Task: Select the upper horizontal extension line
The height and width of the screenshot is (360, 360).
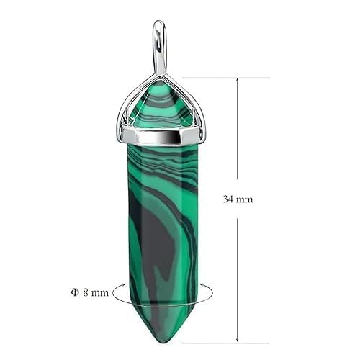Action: click(223, 77)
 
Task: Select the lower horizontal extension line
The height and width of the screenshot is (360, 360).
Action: click(223, 343)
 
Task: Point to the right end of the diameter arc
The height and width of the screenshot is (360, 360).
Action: click(210, 294)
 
